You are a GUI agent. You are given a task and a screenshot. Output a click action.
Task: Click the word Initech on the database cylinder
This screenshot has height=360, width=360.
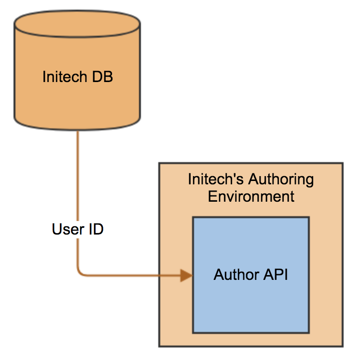pyautogui.click(x=65, y=76)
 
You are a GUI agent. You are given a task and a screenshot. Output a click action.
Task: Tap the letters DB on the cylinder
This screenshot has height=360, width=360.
pyautogui.click(x=102, y=77)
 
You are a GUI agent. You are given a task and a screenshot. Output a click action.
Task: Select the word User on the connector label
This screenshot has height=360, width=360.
pyautogui.click(x=68, y=229)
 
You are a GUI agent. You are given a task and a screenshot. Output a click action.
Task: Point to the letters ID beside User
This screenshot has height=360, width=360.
pyautogui.click(x=96, y=229)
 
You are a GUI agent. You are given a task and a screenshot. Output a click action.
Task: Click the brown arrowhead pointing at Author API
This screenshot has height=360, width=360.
pyautogui.click(x=186, y=275)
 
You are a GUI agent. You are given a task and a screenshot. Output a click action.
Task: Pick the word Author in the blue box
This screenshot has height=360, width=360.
pyautogui.click(x=236, y=275)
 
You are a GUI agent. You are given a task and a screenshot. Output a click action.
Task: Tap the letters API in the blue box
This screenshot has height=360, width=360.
pyautogui.click(x=276, y=275)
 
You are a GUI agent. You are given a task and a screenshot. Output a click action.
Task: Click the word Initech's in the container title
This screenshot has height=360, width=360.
pyautogui.click(x=216, y=179)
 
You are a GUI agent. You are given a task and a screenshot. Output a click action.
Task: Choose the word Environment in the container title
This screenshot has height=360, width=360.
pyautogui.click(x=251, y=196)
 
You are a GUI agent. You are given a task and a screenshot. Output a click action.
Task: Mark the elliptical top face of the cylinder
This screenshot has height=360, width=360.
pyautogui.click(x=77, y=24)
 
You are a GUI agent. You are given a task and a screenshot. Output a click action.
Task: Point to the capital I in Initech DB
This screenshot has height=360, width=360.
pyautogui.click(x=44, y=77)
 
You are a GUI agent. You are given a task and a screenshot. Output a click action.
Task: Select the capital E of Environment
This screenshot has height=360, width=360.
pyautogui.click(x=212, y=196)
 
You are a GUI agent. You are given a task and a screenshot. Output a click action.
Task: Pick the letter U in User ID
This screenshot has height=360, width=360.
pyautogui.click(x=57, y=229)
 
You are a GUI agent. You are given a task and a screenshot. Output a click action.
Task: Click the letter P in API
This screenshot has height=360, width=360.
pyautogui.click(x=279, y=275)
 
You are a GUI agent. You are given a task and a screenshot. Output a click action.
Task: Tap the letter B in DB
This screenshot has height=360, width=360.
pyautogui.click(x=108, y=77)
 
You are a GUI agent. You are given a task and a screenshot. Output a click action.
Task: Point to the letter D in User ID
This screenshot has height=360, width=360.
pyautogui.click(x=98, y=229)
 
